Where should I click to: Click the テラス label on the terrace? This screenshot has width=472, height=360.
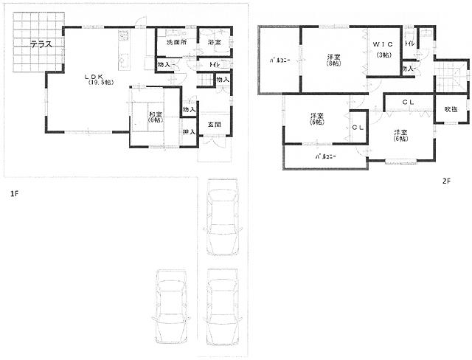[x=41, y=45]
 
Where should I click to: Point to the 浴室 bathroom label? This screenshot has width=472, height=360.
[x=214, y=44]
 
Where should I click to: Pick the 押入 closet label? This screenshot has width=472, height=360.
[x=188, y=133]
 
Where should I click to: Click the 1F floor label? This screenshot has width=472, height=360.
[x=14, y=194]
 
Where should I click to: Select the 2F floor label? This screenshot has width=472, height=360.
[x=446, y=180]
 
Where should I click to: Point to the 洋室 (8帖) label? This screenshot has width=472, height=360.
[x=334, y=60]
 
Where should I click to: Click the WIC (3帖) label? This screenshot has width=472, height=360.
[x=383, y=50]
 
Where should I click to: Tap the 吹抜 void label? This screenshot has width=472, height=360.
[x=450, y=110]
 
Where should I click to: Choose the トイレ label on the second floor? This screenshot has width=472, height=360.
[x=409, y=45]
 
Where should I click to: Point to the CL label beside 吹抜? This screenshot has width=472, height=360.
[x=408, y=102]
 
